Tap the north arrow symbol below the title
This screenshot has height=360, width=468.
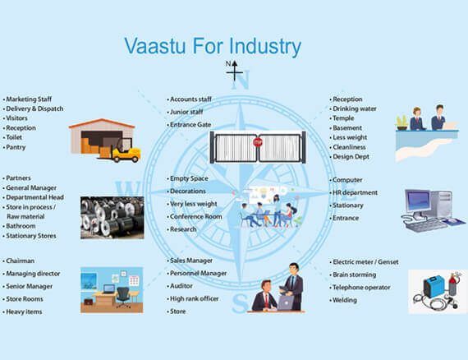click(x=235, y=72)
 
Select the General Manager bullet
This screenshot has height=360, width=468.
click(x=34, y=188)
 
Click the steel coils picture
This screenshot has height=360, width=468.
click(x=112, y=217)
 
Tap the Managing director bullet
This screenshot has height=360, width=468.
click(x=34, y=273)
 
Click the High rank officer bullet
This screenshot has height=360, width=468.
click(x=194, y=298)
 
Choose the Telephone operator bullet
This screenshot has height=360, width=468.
click(x=361, y=287)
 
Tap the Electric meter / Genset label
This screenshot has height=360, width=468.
click(x=365, y=261)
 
